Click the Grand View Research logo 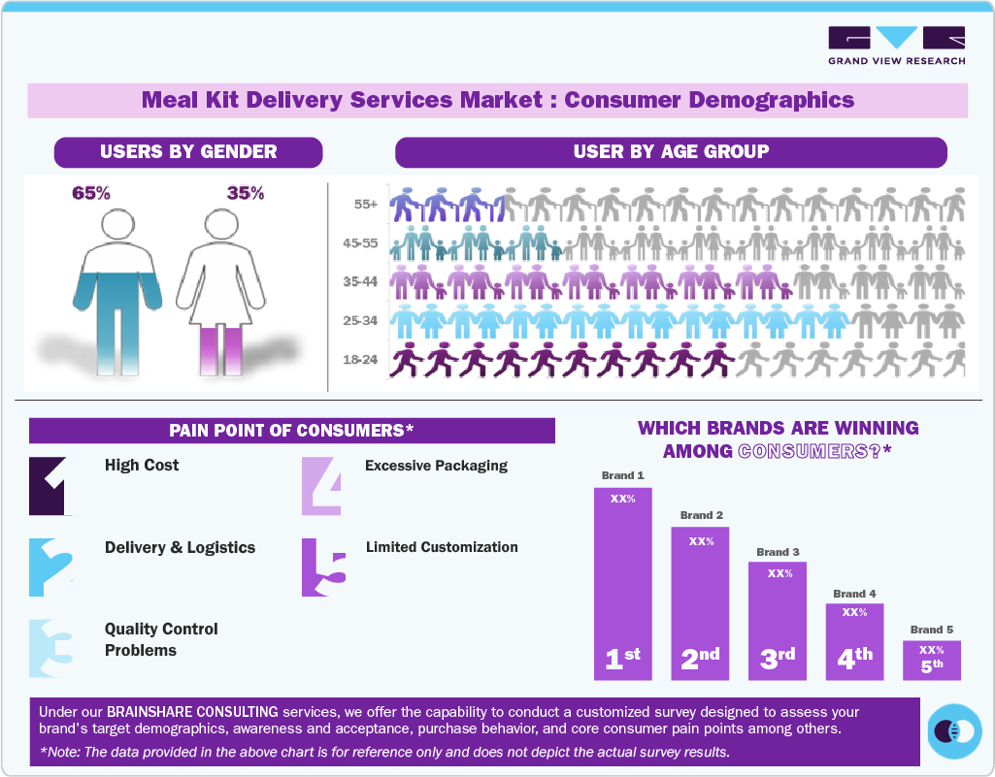pyautogui.click(x=896, y=46)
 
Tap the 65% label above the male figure pyautogui.click(x=91, y=193)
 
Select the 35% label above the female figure pyautogui.click(x=245, y=193)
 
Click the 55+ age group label pyautogui.click(x=366, y=206)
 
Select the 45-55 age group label pyautogui.click(x=361, y=244)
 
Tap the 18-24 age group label pyautogui.click(x=361, y=360)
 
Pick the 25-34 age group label pyautogui.click(x=361, y=320)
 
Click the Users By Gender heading pyautogui.click(x=188, y=152)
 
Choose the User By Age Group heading pyautogui.click(x=671, y=152)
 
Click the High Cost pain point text pyautogui.click(x=142, y=466)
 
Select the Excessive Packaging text pyautogui.click(x=436, y=466)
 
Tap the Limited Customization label pyautogui.click(x=442, y=547)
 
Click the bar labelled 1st pyautogui.click(x=623, y=582)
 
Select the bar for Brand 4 pyautogui.click(x=854, y=641)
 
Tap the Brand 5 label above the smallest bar pyautogui.click(x=931, y=630)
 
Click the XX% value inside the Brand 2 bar pyautogui.click(x=701, y=541)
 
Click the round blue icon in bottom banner pyautogui.click(x=954, y=730)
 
